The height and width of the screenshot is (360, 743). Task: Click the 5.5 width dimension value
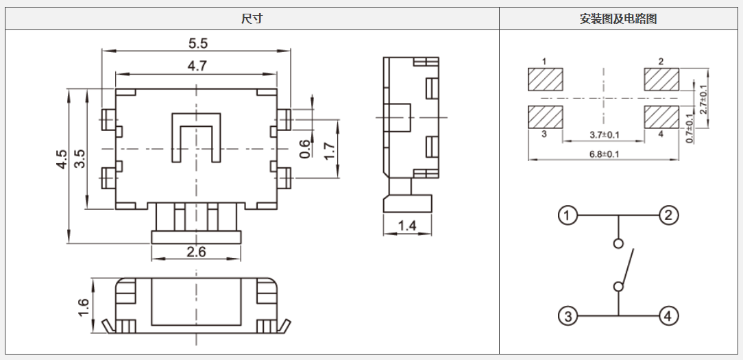tap(197, 43)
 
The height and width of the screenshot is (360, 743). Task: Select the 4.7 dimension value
tap(197, 66)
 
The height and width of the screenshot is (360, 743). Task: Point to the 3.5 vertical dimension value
tap(80, 159)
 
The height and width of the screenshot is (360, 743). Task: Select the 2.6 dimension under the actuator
tap(197, 252)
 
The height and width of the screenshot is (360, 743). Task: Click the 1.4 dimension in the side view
tap(407, 226)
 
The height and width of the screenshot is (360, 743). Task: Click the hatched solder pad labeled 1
tap(545, 80)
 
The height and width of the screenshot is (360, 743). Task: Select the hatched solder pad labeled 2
tap(661, 80)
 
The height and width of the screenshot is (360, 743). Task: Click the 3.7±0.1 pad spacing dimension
tap(604, 134)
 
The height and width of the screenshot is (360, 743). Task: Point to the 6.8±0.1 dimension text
tap(604, 154)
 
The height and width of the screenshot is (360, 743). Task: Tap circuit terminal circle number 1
tap(567, 216)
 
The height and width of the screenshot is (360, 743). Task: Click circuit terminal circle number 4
tap(669, 316)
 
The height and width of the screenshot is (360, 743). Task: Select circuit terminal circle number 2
tap(669, 216)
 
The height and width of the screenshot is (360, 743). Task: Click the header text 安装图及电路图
tap(618, 19)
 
